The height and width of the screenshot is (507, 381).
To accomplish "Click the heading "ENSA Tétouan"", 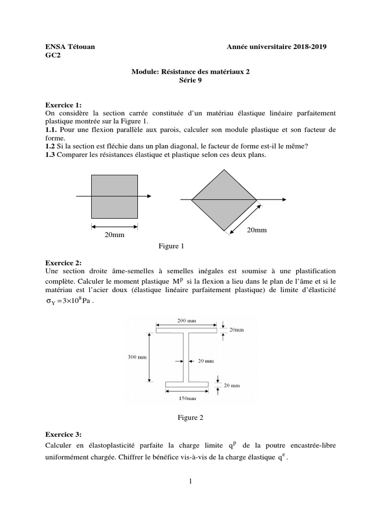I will pos(70,47).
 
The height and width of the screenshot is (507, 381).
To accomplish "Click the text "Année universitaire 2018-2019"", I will pos(277,47).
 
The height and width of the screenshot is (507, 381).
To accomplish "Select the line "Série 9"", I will pos(190,80).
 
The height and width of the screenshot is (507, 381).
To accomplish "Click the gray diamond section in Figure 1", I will pos(224,199).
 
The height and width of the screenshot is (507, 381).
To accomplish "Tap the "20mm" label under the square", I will pos(114,235).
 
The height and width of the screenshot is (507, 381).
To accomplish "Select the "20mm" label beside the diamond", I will pos(256,230).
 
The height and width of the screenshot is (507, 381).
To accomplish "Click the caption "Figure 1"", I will pos(171,246).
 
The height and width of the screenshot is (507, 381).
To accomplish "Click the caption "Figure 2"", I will pos(190,417).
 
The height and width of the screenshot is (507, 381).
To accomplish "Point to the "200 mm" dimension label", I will pos(187,321).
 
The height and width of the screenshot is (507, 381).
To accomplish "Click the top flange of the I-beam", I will pos(187,330).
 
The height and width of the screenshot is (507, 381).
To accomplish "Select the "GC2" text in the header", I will pos(52,55).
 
